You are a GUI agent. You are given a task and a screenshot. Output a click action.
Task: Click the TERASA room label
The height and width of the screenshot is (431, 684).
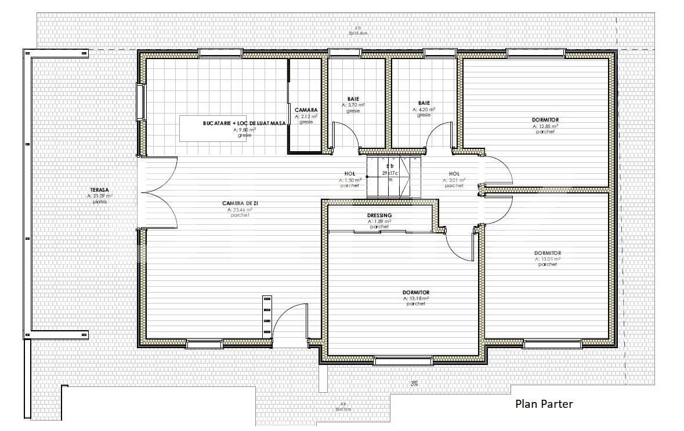[100, 190]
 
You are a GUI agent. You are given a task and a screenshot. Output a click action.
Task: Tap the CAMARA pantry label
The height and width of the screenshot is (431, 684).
[306, 110]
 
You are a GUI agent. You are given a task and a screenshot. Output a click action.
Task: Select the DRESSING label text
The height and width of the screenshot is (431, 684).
[379, 216]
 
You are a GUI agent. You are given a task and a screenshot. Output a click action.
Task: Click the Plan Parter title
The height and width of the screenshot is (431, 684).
[544, 404]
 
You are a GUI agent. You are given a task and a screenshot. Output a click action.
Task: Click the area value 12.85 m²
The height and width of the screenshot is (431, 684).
[545, 126]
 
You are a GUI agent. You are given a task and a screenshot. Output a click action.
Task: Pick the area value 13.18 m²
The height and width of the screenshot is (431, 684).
[416, 298]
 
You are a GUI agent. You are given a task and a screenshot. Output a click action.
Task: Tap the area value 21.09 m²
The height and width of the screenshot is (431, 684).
[100, 196]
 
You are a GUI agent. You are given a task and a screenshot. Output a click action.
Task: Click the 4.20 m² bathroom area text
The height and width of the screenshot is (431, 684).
[424, 109]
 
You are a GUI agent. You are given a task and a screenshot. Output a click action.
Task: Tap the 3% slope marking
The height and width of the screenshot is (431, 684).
[414, 383]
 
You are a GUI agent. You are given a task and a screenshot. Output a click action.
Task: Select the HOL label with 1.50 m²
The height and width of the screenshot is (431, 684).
[350, 173]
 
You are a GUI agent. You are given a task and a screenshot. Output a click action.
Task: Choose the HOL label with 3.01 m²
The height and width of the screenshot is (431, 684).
[454, 173]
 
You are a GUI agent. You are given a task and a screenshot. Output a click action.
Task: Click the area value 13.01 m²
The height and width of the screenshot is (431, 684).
[547, 259]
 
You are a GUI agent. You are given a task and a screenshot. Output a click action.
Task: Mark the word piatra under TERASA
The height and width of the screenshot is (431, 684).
[100, 202]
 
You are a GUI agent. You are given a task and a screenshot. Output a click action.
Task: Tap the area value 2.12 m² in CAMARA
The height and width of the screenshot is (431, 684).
[306, 116]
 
